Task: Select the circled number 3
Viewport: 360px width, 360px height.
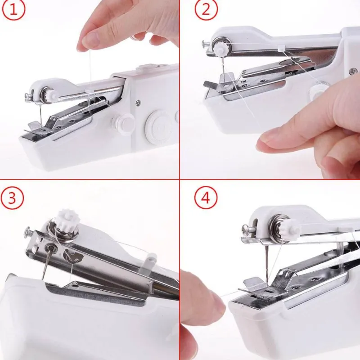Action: coord(12,198)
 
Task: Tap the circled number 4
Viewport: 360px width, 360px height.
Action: coord(206,198)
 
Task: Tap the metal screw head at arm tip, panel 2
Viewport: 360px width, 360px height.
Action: coord(203,43)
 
